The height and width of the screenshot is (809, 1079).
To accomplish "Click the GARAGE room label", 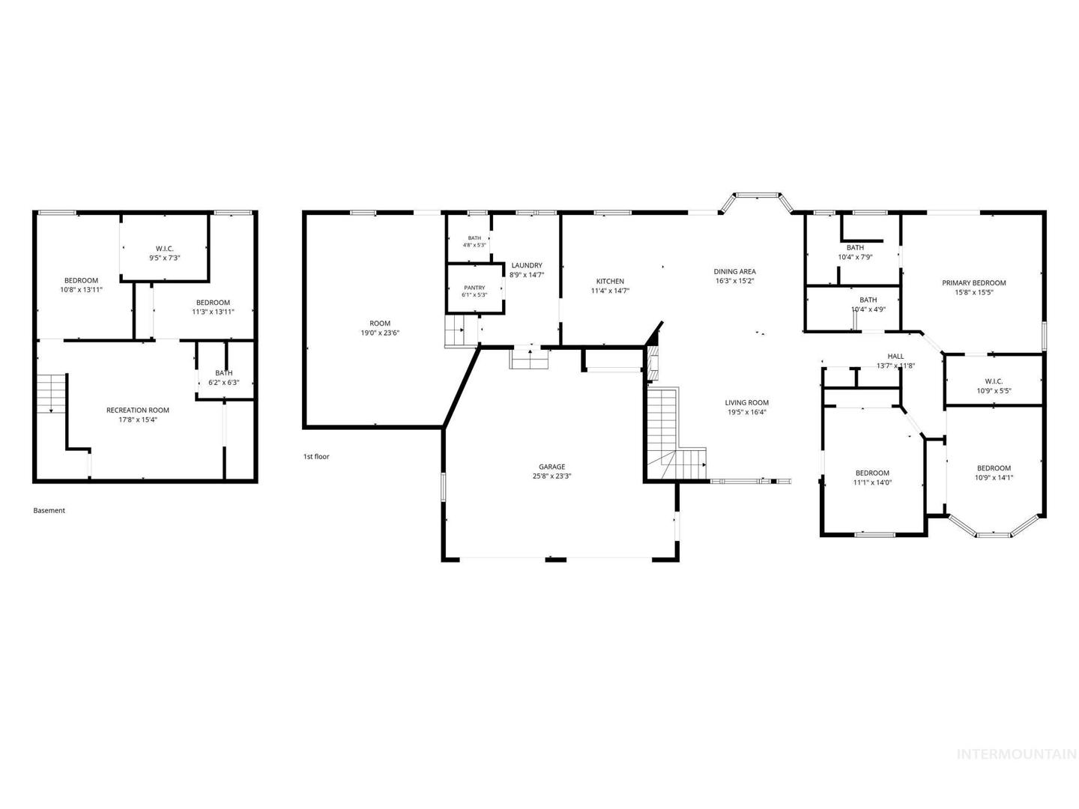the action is coord(551,467).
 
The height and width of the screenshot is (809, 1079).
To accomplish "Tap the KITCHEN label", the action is coord(610,282).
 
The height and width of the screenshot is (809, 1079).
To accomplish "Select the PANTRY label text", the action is coord(474,288).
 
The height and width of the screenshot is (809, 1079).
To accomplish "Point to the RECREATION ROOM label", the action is coord(138,410).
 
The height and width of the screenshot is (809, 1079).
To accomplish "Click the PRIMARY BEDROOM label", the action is coord(974,283).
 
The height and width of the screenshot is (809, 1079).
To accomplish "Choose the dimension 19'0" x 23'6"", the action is coord(380,333).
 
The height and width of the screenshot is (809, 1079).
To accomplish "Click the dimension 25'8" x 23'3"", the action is coord(551,476).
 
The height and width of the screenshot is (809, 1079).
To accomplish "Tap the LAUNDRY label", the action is coord(527,266).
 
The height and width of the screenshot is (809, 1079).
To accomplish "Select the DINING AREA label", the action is coord(735,272).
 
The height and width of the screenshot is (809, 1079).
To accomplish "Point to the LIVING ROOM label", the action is coord(747,403).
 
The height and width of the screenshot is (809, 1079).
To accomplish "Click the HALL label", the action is coord(895,356).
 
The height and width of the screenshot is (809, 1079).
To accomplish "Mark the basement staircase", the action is coord(52,393).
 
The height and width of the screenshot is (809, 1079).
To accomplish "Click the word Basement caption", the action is coord(49,510).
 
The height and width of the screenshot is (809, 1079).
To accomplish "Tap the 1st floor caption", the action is coord(316,456).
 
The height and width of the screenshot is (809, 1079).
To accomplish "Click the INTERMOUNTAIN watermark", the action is coord(1017,768).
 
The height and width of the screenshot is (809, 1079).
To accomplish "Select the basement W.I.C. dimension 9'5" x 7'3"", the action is coord(165,258).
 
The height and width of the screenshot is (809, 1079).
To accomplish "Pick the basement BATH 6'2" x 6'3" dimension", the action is coord(223,383).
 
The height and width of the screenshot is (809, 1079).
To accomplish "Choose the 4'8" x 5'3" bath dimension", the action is coord(474,245).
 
